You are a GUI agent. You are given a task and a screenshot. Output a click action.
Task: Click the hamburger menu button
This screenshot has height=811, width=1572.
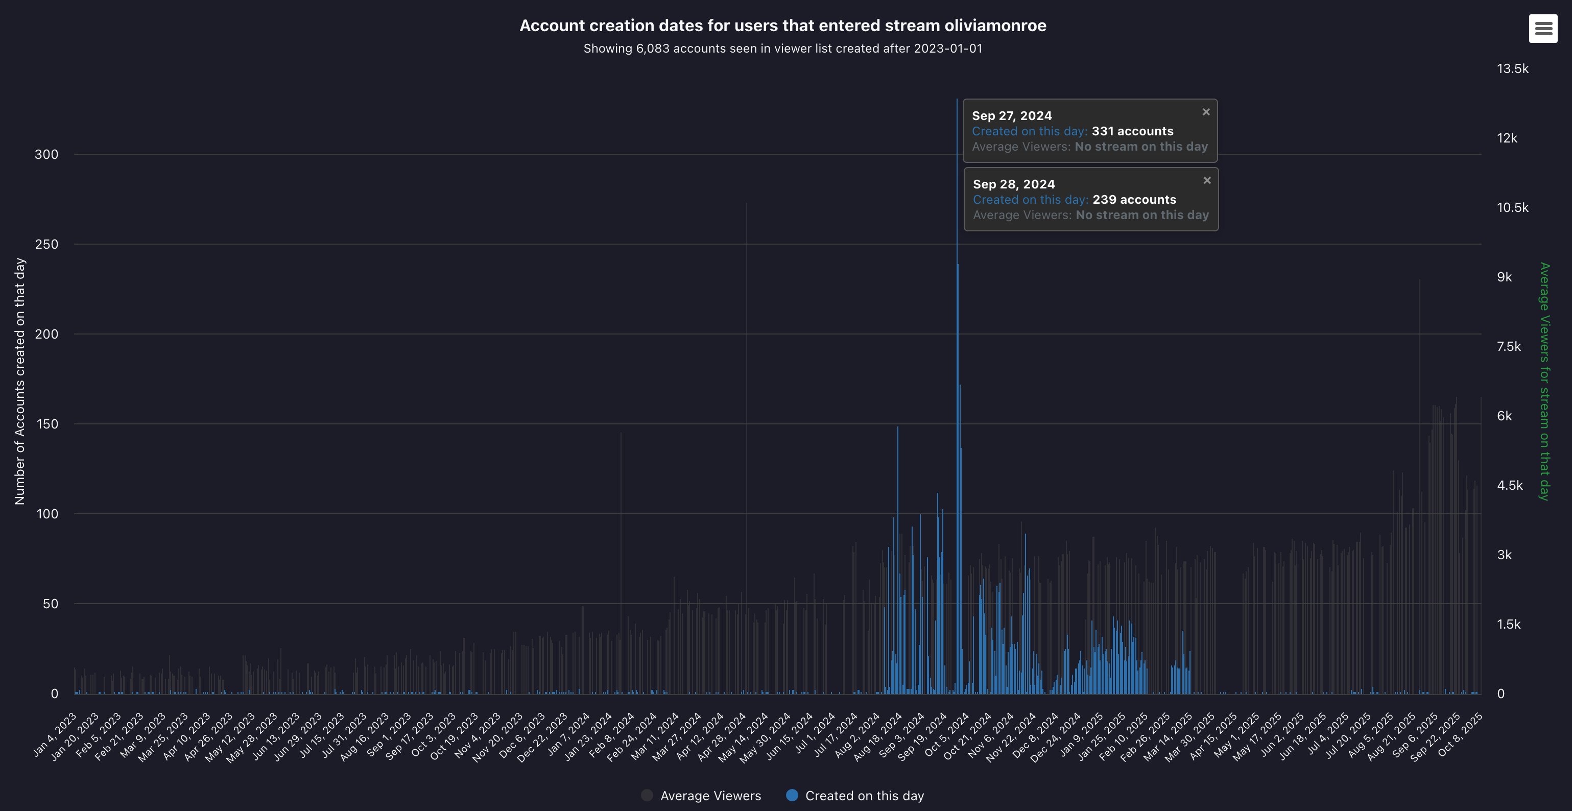[1543, 29]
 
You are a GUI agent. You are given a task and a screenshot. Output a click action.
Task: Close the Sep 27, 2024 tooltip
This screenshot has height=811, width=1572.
[1206, 112]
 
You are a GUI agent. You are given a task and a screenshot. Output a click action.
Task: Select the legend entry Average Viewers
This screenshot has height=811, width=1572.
[701, 796]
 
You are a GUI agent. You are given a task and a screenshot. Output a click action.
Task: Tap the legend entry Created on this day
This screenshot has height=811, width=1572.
[855, 796]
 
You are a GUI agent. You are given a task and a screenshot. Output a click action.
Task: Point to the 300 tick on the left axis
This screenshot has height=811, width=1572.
[46, 154]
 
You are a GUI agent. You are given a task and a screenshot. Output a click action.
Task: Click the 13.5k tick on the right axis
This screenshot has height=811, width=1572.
[1512, 69]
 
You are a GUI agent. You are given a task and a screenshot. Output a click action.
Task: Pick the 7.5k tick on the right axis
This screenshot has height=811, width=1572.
[1509, 347]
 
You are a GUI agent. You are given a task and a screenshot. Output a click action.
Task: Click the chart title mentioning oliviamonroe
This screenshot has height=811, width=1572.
[783, 26]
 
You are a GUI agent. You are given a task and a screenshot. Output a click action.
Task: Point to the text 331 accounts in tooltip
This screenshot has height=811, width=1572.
[1132, 131]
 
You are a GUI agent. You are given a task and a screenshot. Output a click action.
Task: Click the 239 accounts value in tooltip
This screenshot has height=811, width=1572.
[1134, 200]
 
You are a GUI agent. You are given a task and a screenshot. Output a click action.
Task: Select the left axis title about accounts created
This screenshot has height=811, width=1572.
[19, 381]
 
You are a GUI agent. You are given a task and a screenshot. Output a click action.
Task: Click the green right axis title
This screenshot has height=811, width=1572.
[1544, 381]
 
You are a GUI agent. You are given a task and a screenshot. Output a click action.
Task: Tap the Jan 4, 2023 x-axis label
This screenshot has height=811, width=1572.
[55, 735]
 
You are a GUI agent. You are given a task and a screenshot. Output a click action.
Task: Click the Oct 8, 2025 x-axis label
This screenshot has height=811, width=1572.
[1460, 735]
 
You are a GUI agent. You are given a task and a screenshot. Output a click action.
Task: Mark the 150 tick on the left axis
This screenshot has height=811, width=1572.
[47, 424]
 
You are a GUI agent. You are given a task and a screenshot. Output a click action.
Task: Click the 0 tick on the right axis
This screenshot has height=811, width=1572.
[1500, 694]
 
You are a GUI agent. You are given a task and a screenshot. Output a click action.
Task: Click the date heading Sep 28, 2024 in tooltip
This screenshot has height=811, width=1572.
[1014, 184]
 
